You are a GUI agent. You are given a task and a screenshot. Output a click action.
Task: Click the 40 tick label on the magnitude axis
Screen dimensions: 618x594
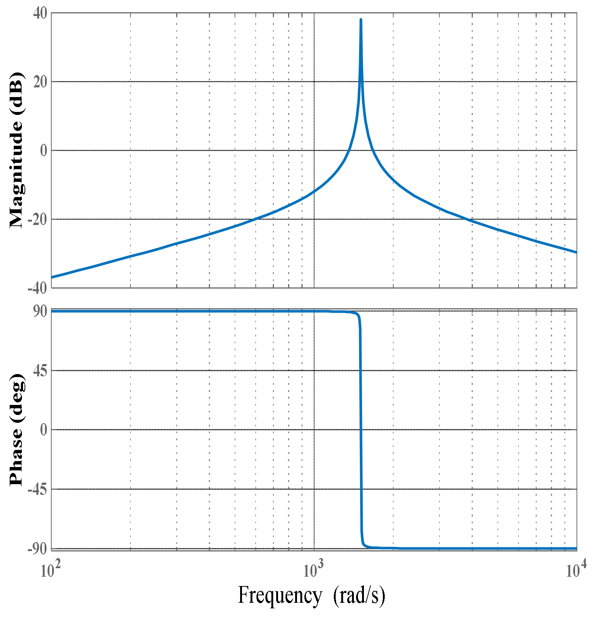(x=40, y=14)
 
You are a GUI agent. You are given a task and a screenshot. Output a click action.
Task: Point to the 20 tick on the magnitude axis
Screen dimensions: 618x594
(x=40, y=82)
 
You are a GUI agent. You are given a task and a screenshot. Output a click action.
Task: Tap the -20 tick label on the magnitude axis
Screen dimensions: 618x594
(x=38, y=220)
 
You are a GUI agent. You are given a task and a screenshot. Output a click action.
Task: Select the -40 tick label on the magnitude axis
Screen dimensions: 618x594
(x=38, y=288)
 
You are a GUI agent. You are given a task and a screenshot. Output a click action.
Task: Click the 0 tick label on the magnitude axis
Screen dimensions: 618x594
(x=44, y=151)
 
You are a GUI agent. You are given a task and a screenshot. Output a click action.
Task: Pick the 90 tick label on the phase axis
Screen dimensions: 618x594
(x=40, y=312)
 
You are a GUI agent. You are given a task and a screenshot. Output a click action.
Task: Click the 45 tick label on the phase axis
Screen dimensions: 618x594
(x=40, y=371)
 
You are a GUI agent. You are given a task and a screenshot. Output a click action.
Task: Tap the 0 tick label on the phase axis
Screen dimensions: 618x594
(x=44, y=430)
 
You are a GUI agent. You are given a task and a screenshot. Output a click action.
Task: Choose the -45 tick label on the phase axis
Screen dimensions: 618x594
(x=38, y=490)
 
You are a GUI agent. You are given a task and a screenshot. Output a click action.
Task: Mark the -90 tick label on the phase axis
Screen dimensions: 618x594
(x=38, y=549)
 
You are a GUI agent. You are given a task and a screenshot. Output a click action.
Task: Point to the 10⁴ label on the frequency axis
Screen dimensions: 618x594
(x=576, y=570)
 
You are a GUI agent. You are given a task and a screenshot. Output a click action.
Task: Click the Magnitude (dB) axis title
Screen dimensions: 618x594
(x=16, y=150)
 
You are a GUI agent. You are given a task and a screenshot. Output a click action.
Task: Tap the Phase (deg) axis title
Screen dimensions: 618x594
(x=16, y=430)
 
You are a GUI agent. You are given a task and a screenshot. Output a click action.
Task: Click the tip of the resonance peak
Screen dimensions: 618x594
(x=361, y=19)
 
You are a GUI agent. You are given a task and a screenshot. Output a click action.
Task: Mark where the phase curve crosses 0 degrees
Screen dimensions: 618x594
(x=361, y=430)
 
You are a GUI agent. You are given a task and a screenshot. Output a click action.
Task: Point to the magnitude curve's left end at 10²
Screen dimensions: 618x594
(x=52, y=277)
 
